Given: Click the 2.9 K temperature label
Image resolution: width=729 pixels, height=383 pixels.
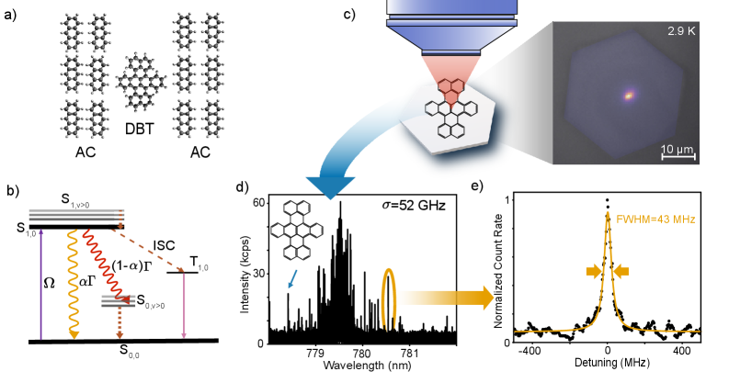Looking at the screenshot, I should [x=680, y=31].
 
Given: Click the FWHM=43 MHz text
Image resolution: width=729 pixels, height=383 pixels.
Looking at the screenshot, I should [x=655, y=220].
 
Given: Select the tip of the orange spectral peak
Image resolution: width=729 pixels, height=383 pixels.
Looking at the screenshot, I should [x=607, y=214].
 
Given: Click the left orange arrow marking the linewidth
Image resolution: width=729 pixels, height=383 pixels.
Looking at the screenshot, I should [x=593, y=271].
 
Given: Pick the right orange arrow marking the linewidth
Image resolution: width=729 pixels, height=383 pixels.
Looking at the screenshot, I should [x=621, y=271].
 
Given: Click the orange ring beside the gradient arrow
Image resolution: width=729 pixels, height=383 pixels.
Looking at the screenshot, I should [x=389, y=299].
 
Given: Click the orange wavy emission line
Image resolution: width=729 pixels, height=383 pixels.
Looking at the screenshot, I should [x=73, y=280].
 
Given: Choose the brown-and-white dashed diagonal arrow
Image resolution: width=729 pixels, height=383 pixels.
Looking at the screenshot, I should [x=147, y=251].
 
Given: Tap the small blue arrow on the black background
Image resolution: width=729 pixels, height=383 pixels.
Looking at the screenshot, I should [x=292, y=279].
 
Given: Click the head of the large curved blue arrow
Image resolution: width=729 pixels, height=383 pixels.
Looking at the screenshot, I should [x=330, y=188].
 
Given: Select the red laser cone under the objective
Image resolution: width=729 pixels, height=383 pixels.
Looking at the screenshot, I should [x=450, y=68].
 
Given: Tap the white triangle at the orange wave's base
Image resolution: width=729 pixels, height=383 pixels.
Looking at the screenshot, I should [x=81, y=335].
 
